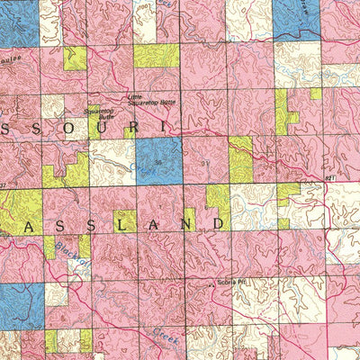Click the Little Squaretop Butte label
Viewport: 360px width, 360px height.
[148, 100]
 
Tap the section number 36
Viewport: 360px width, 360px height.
[159, 162]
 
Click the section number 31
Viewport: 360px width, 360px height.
[205, 163]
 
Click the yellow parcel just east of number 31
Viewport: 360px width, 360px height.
[240, 160]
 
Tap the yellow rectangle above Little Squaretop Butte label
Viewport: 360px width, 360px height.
[157, 56]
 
